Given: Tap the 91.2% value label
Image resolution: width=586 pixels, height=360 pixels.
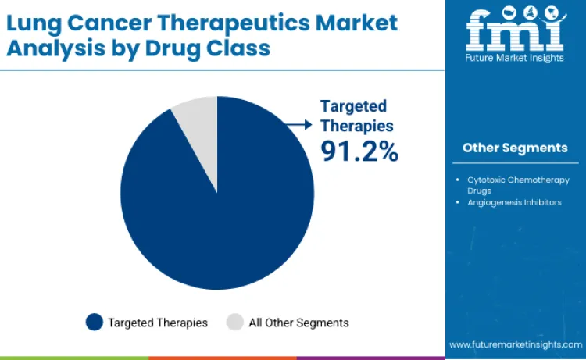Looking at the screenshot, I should [x=359, y=151].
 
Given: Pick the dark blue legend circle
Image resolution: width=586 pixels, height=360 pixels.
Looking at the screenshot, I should [x=95, y=322].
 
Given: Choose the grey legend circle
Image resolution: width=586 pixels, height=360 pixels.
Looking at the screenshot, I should [x=234, y=322].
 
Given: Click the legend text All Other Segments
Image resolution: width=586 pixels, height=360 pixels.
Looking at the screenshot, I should [x=298, y=322].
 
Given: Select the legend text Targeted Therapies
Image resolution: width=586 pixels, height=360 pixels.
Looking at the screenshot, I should [x=158, y=322].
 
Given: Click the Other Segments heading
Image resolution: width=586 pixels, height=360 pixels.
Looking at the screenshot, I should [x=515, y=148].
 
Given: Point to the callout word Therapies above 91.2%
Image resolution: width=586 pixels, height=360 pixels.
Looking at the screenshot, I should [x=356, y=125].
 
